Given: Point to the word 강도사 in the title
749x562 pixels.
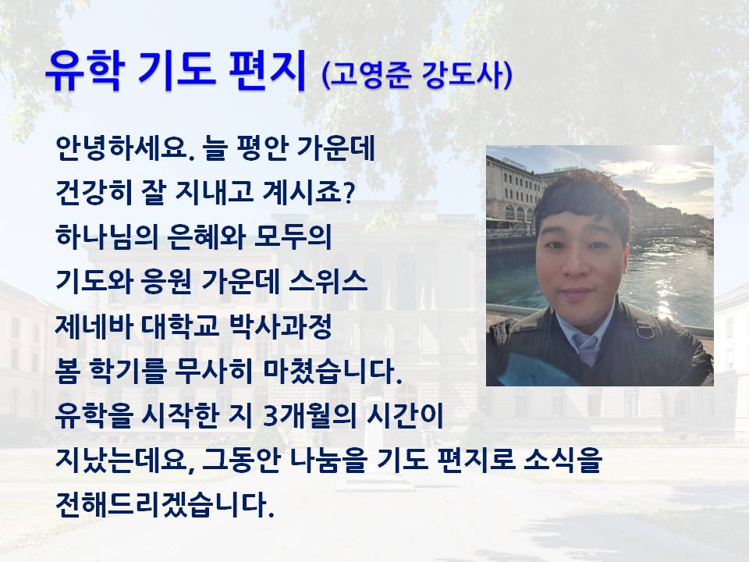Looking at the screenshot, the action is [x=463, y=76].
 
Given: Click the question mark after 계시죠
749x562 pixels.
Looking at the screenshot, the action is [x=349, y=193].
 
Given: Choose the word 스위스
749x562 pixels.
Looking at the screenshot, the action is [x=328, y=281].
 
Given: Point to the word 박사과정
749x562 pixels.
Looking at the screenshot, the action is [x=281, y=326].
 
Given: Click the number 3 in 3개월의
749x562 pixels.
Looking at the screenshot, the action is [x=270, y=416].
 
